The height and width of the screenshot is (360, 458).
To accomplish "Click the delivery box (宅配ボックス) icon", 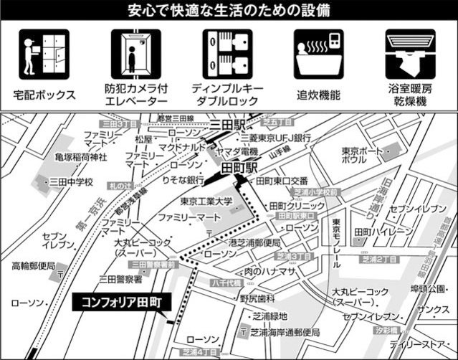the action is (44, 55).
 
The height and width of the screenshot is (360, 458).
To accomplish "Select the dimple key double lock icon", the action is (227, 55).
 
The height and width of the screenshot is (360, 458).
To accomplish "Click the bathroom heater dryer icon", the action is (411, 55).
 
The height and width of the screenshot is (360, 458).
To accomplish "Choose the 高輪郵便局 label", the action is (33, 265).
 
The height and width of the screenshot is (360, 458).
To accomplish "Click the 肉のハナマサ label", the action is (269, 271).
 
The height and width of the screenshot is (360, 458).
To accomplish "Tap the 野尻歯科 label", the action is (257, 298).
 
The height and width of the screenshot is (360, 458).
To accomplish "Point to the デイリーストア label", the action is (428, 344).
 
